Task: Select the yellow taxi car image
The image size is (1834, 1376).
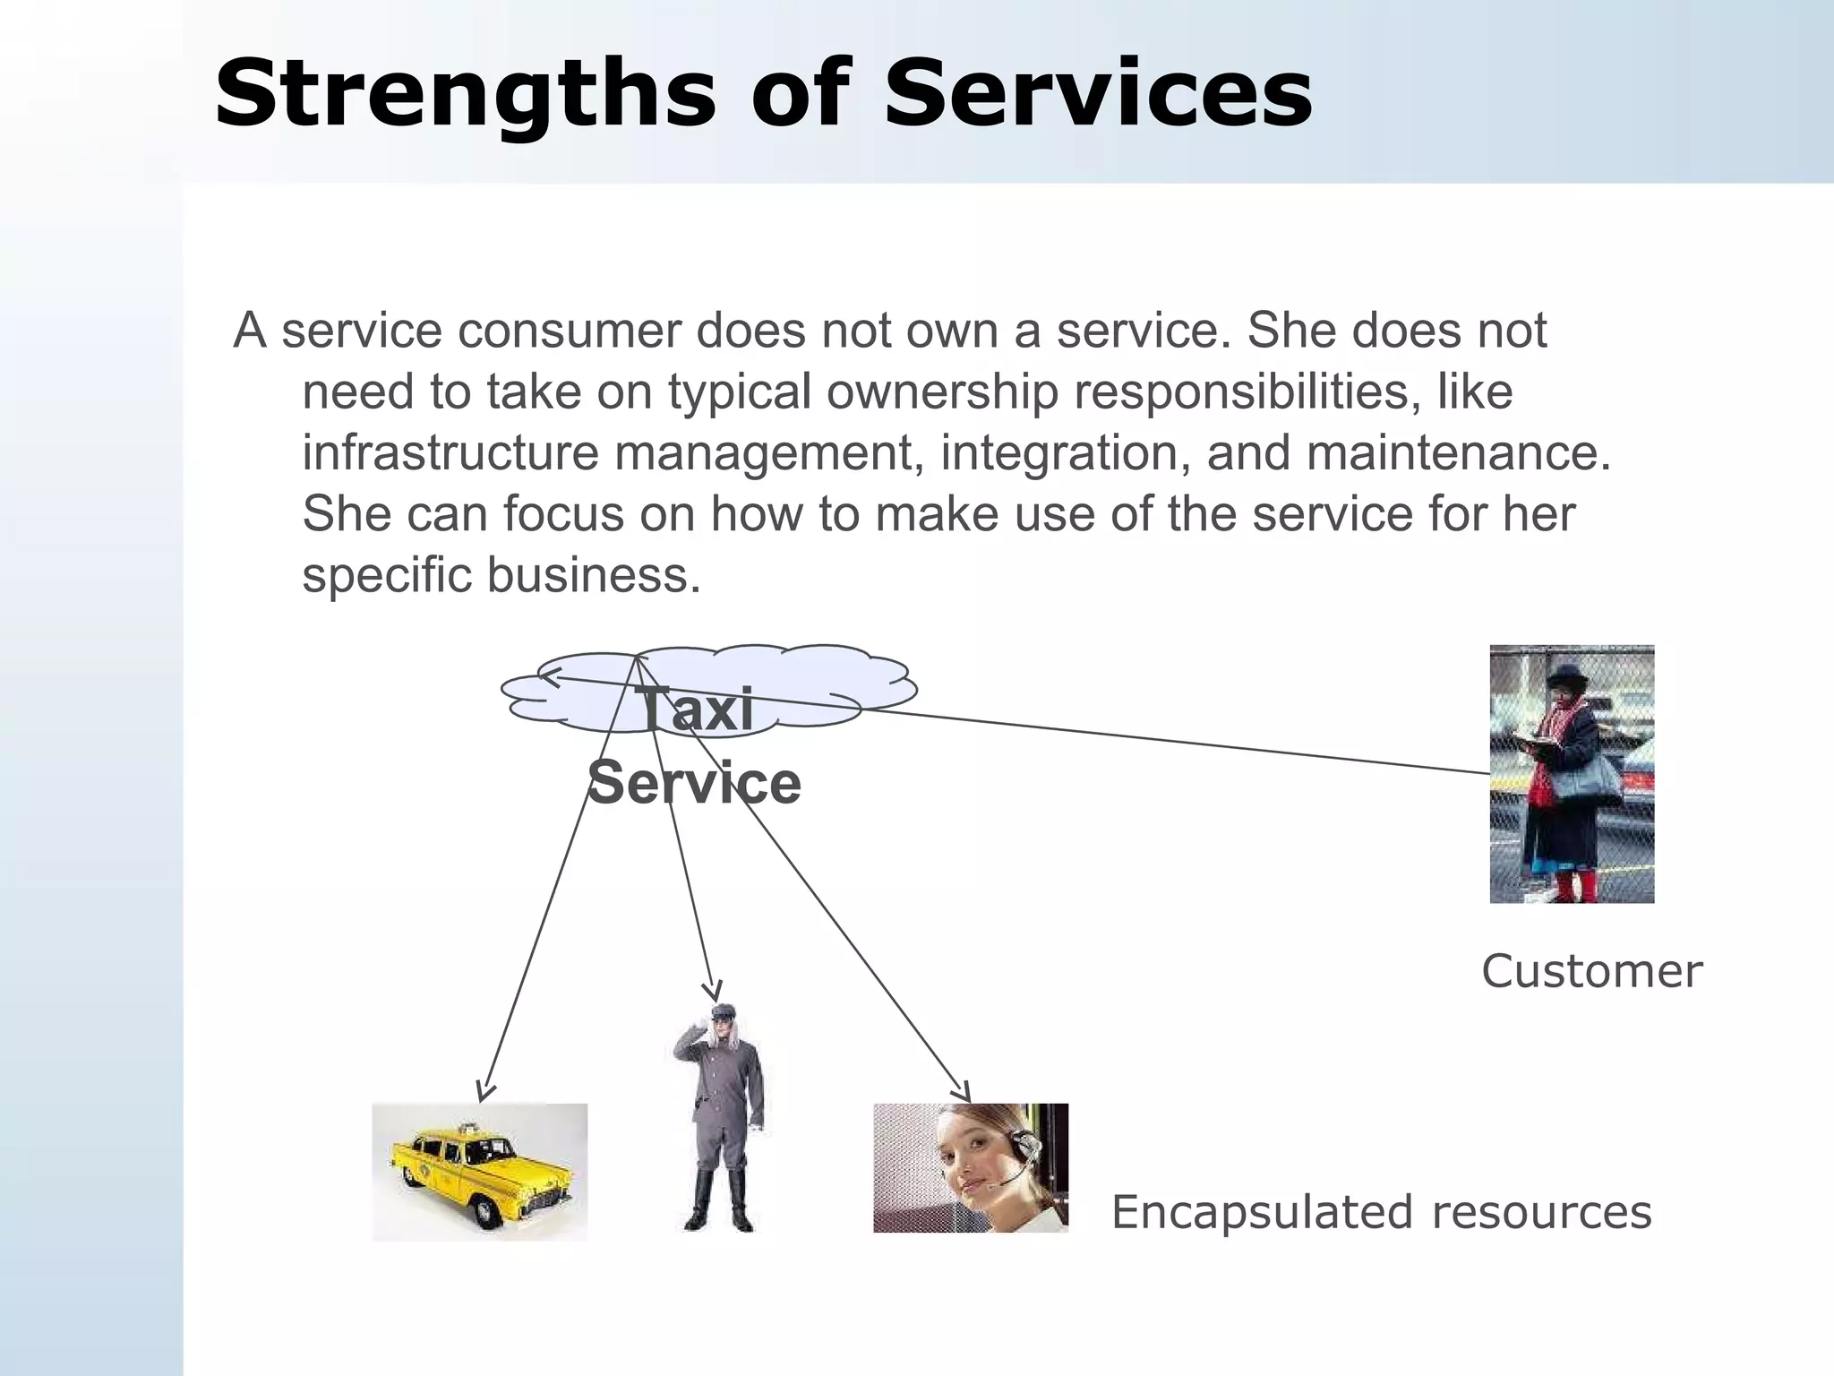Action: pyautogui.click(x=480, y=1172)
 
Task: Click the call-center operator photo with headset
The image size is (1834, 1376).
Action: pyautogui.click(x=971, y=1168)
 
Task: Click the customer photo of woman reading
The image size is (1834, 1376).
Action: pyautogui.click(x=1572, y=774)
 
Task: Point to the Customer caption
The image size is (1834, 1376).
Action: pyautogui.click(x=1591, y=971)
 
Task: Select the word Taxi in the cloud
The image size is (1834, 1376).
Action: pyautogui.click(x=695, y=709)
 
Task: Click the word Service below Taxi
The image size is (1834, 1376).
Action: pyautogui.click(x=694, y=782)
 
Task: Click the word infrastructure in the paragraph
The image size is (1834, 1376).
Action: pyautogui.click(x=450, y=452)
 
